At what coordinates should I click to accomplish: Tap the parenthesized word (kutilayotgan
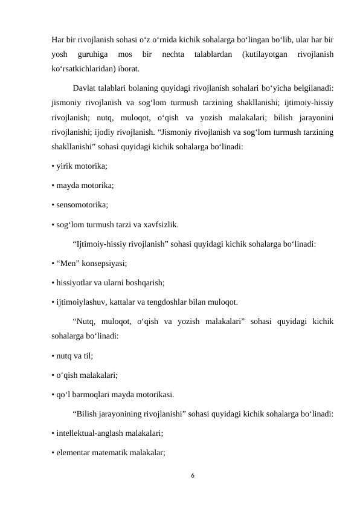(x=263, y=55)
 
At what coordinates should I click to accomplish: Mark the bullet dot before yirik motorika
(x=53, y=167)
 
